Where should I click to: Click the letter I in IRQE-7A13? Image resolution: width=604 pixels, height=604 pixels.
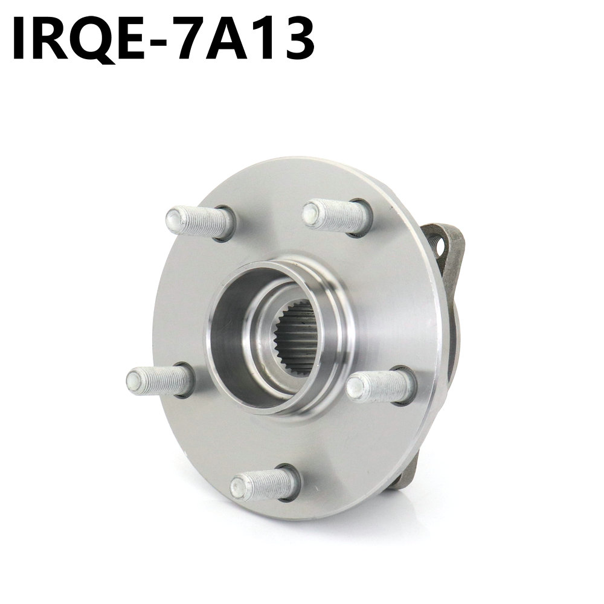click(x=19, y=37)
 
